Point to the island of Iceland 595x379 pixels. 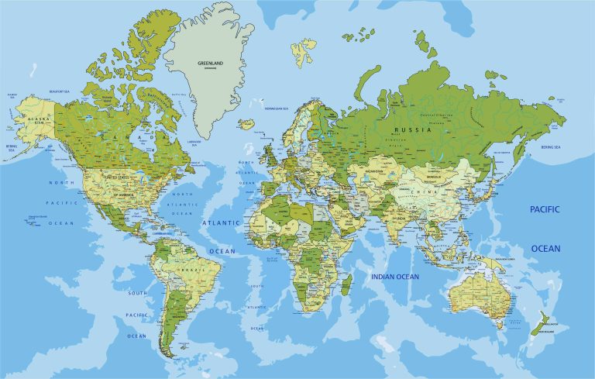click(247, 123)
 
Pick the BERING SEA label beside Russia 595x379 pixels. click(551, 146)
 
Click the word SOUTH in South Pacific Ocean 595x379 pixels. click(137, 293)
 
